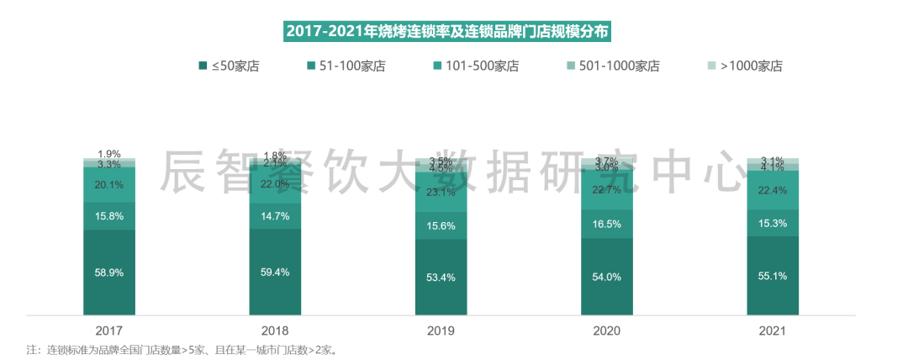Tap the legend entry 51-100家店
pyautogui.click(x=346, y=66)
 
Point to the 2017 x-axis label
pyautogui.click(x=109, y=331)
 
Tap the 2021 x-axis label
pyautogui.click(x=773, y=331)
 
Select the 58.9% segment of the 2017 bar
pyautogui.click(x=109, y=273)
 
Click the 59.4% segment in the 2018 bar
pyautogui.click(x=275, y=272)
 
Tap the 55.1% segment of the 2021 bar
pyautogui.click(x=773, y=276)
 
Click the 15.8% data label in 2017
pyautogui.click(x=109, y=216)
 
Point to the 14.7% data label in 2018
pyautogui.click(x=275, y=216)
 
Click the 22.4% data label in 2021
pyautogui.click(x=773, y=190)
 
